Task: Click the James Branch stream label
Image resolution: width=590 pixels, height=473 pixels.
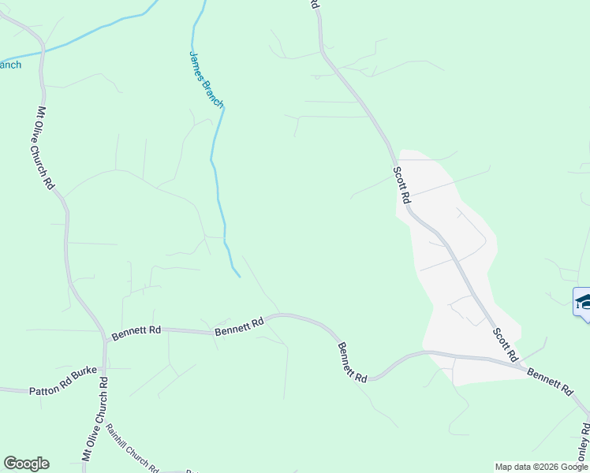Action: coord(207,80)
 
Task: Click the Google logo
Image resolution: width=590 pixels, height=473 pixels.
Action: coord(26,464)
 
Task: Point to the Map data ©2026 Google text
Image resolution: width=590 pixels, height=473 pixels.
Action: coord(541,467)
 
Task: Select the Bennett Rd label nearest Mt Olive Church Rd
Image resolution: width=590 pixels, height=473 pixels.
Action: coord(136,333)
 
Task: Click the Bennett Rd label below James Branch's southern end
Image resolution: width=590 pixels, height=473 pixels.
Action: coord(239,326)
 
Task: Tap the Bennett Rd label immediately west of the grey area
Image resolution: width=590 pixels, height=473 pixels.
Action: coord(353,362)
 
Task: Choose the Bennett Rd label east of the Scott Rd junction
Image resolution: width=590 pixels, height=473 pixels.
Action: coord(550,381)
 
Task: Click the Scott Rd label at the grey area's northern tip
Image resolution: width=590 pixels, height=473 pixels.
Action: coord(402,185)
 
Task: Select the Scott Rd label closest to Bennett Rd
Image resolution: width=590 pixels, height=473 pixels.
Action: coord(505,341)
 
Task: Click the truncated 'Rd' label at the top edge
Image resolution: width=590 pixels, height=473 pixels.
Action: coord(314,5)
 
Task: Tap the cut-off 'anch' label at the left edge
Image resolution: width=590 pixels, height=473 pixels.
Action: coord(10,65)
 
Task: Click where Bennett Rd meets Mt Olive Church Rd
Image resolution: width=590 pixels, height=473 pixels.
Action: coord(105,341)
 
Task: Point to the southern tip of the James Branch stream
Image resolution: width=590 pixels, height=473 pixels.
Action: coord(238,276)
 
